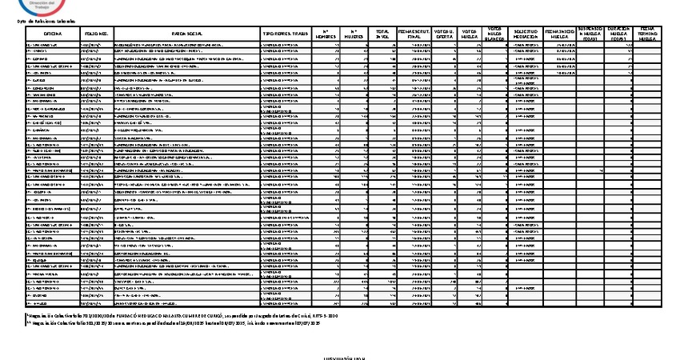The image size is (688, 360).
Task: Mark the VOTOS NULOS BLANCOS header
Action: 496,33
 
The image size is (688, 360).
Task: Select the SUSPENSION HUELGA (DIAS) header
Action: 591,33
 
